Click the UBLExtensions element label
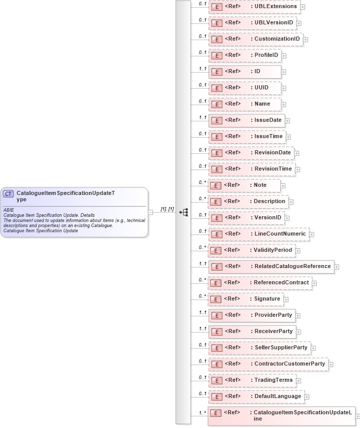click(276, 7)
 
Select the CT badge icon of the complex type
click(8, 193)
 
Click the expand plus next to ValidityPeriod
click(298, 251)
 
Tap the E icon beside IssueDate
click(216, 120)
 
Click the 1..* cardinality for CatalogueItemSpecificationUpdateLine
click(202, 413)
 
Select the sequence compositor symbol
click(184, 212)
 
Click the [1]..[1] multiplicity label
click(168, 209)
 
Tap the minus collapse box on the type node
click(150, 212)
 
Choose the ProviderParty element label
click(273, 315)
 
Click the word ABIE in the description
click(9, 210)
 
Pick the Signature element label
click(267, 299)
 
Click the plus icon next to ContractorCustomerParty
click(331, 364)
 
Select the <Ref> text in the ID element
click(232, 71)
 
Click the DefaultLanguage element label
click(278, 396)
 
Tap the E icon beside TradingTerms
click(216, 380)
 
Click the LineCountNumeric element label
click(280, 234)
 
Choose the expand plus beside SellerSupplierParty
click(313, 348)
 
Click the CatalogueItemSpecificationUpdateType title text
click(66, 196)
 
